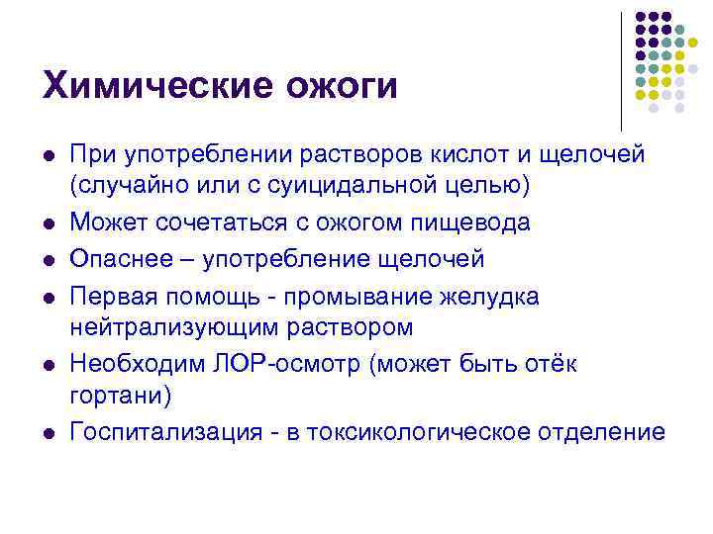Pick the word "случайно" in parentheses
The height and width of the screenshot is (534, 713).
point(126,184)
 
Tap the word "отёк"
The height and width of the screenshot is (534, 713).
point(551,364)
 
